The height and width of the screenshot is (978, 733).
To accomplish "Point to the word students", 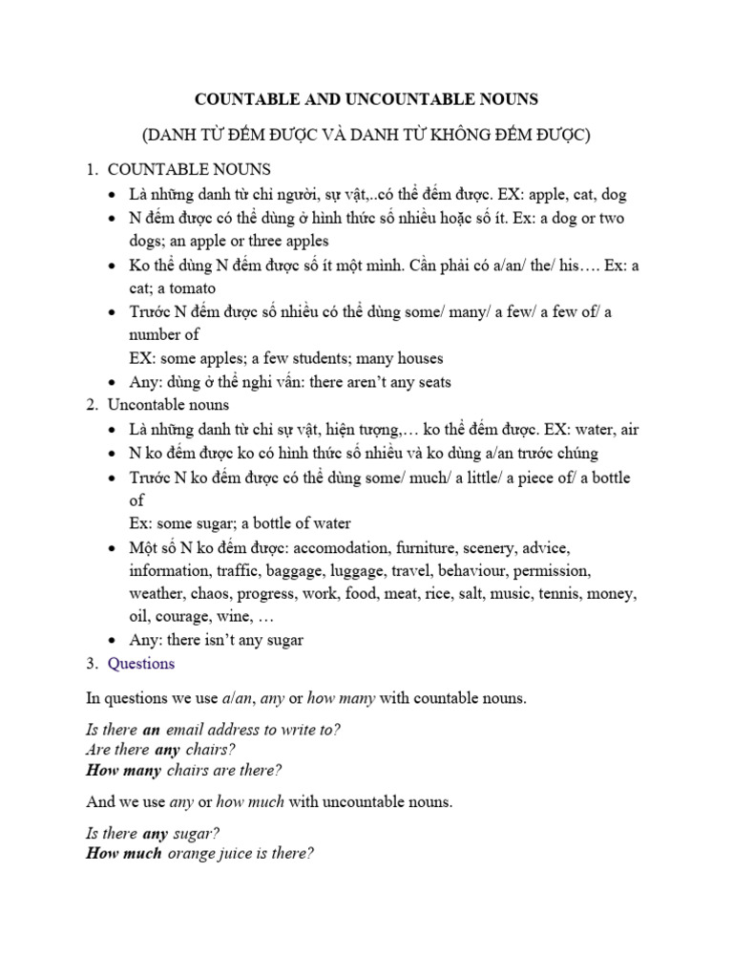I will [291, 358].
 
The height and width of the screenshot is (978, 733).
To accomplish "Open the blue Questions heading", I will [141, 663].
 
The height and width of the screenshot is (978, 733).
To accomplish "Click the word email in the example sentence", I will [186, 730].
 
